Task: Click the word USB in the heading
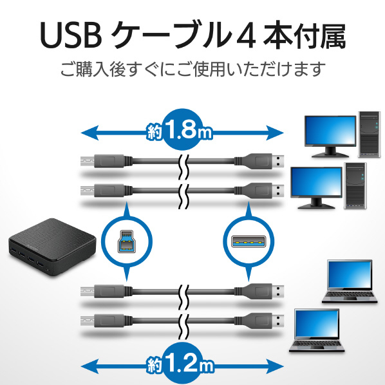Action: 71,36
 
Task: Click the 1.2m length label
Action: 180,364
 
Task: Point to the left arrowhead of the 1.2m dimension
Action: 90,366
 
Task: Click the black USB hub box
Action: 52,247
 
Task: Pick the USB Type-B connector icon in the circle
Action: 126,241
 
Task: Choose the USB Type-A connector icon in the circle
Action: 249,241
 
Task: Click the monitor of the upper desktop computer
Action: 330,136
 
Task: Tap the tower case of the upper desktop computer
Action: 369,135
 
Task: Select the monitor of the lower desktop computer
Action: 316,187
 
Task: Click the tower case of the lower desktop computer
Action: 355,186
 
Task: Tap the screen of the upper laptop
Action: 350,274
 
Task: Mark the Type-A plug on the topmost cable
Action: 259,162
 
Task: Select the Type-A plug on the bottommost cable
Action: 259,321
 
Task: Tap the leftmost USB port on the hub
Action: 14,250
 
